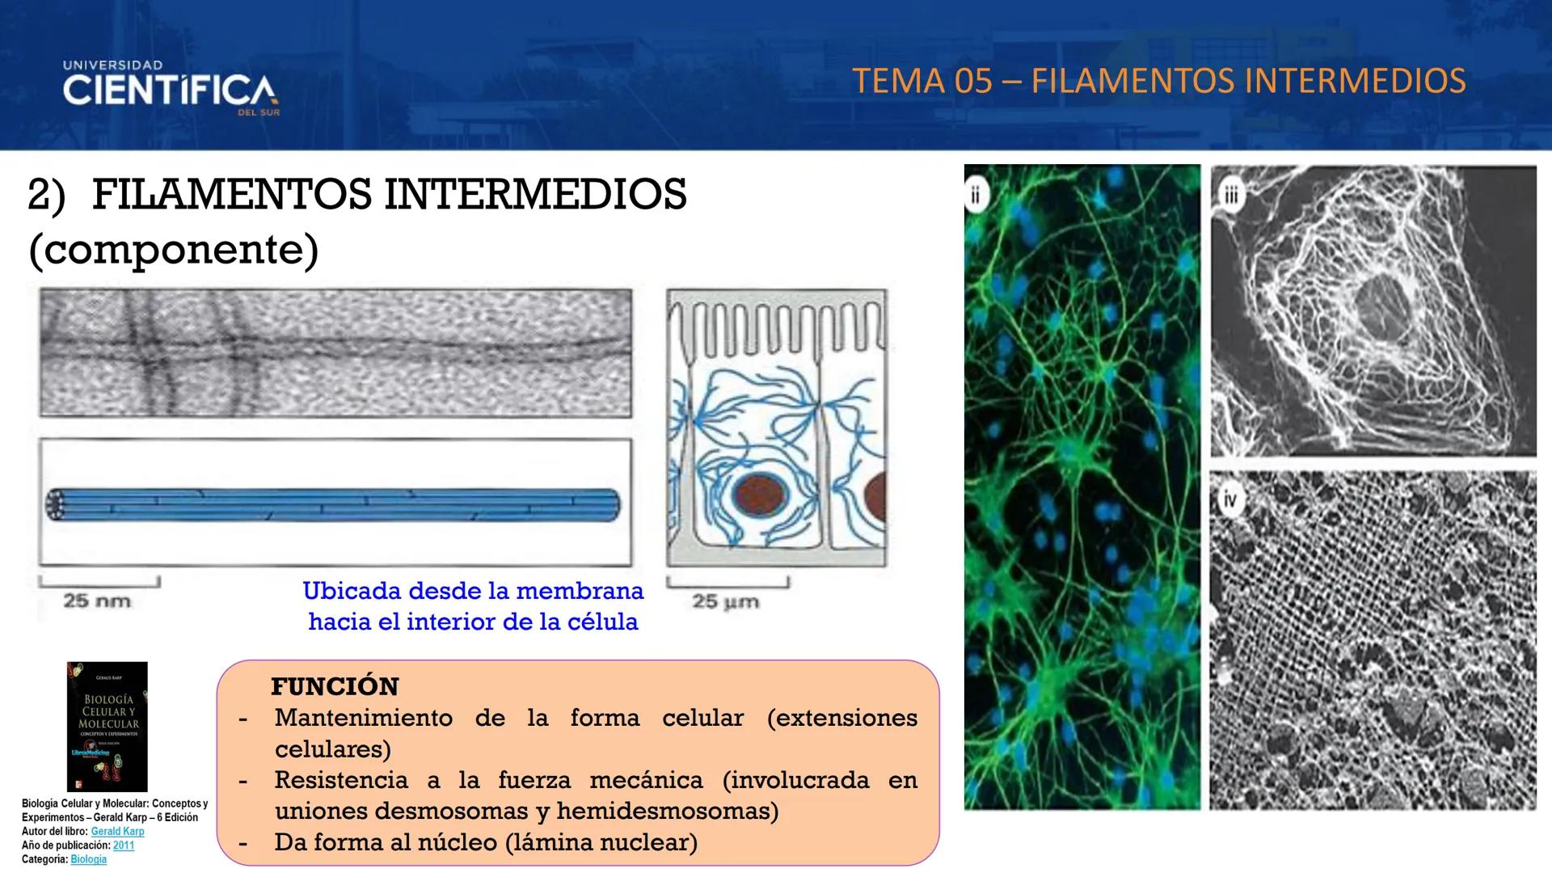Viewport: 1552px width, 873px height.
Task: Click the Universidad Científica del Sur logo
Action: (170, 88)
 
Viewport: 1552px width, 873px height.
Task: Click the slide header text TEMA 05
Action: (921, 82)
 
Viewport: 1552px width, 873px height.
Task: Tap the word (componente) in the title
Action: (173, 249)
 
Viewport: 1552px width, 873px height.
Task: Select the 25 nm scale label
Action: (97, 601)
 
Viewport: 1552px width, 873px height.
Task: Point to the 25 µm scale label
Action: (725, 602)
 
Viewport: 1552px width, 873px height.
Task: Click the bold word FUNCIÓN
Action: (335, 686)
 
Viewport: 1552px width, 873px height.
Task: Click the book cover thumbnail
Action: (108, 727)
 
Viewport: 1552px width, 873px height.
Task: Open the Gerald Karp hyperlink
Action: (118, 831)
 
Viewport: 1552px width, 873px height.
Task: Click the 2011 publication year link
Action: (124, 846)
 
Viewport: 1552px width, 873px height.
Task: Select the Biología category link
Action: (89, 859)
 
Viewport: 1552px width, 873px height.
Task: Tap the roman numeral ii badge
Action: (976, 196)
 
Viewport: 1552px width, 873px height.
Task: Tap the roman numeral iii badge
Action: (1230, 196)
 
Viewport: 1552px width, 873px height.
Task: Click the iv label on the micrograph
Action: (1229, 501)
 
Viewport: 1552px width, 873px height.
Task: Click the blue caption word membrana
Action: (580, 591)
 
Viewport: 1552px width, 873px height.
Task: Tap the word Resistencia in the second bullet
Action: (341, 780)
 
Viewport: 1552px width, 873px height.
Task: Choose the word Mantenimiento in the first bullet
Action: (363, 718)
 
